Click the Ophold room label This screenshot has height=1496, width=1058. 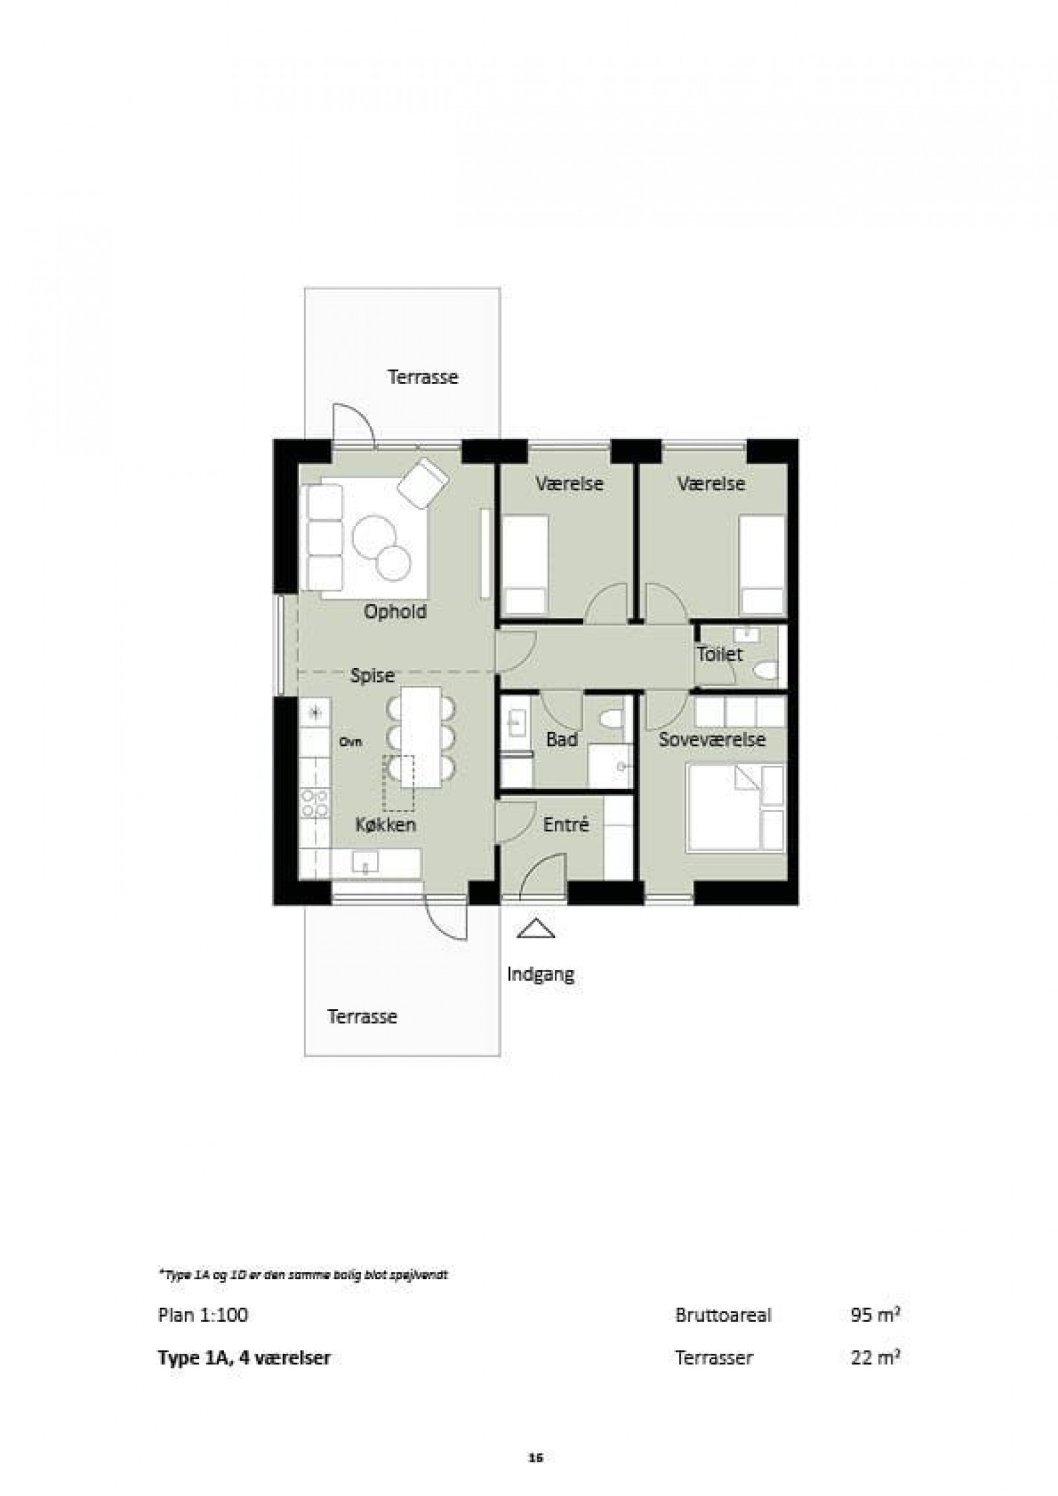(x=395, y=612)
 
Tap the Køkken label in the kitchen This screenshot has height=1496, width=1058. (x=385, y=825)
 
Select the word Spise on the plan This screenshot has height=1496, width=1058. (x=372, y=676)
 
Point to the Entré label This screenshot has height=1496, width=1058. (x=565, y=825)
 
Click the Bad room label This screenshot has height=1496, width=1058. (x=561, y=740)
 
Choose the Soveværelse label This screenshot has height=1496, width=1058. (x=712, y=739)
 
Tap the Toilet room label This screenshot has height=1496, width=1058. (x=719, y=655)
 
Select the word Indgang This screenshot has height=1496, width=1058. (x=540, y=975)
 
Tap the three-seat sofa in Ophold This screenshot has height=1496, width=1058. (x=323, y=537)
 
